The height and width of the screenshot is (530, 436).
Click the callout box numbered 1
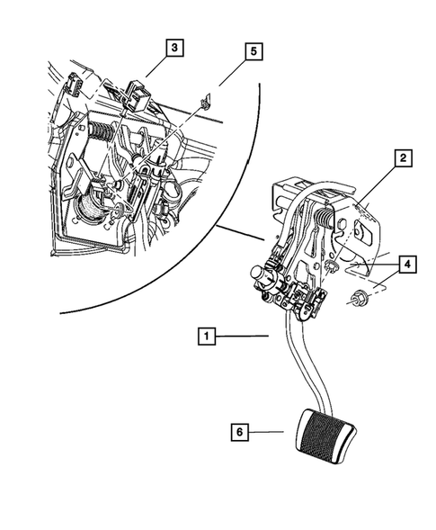pos(207,336)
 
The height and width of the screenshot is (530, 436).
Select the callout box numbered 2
pos(404,158)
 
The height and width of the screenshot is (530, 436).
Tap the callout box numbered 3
pos(174,48)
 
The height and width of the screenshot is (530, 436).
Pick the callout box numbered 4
pos(407,265)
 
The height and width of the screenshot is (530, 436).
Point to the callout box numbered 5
pos(254,51)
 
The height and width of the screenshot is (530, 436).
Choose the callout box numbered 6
pos(240,432)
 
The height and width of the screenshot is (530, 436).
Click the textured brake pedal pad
pos(326,436)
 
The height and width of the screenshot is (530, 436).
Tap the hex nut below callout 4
pos(357,299)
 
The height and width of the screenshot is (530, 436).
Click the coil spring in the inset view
pos(102,131)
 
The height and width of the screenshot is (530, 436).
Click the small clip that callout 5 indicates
pos(205,103)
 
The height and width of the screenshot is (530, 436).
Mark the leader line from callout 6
pos(266,432)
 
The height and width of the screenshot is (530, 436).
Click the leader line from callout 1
pos(242,336)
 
